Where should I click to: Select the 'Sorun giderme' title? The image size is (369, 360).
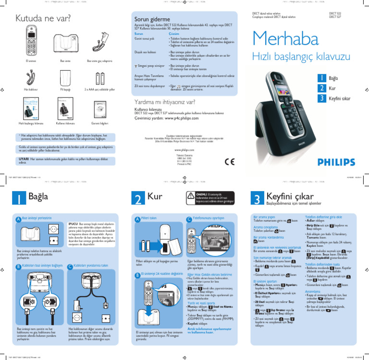click(x=151, y=19)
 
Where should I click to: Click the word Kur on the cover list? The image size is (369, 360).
click(x=332, y=88)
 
